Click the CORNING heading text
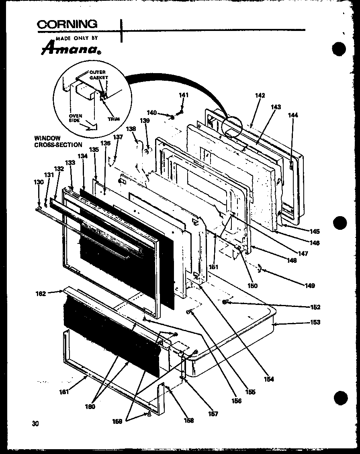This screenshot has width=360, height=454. tap(67, 24)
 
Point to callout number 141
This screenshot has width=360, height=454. tap(184, 95)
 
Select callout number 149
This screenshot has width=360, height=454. tap(309, 286)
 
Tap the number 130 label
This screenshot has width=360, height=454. tap(39, 182)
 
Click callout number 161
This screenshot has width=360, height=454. tap(65, 392)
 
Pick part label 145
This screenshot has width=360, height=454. tap(315, 231)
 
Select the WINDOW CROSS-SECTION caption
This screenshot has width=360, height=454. tap(58, 141)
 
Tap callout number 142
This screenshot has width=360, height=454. tap(260, 95)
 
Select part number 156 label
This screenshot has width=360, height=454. tap(236, 401)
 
